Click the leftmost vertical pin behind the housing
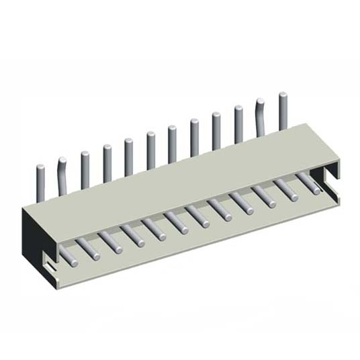click(x=41, y=180)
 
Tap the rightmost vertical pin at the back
click(x=283, y=111)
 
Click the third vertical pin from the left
click(x=85, y=169)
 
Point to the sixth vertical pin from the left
click(x=151, y=150)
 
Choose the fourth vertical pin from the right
click(x=216, y=130)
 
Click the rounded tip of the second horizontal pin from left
click(x=95, y=255)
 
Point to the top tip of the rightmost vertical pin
click(x=283, y=95)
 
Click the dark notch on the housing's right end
click(x=329, y=177)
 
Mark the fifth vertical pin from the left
click(x=128, y=156)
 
